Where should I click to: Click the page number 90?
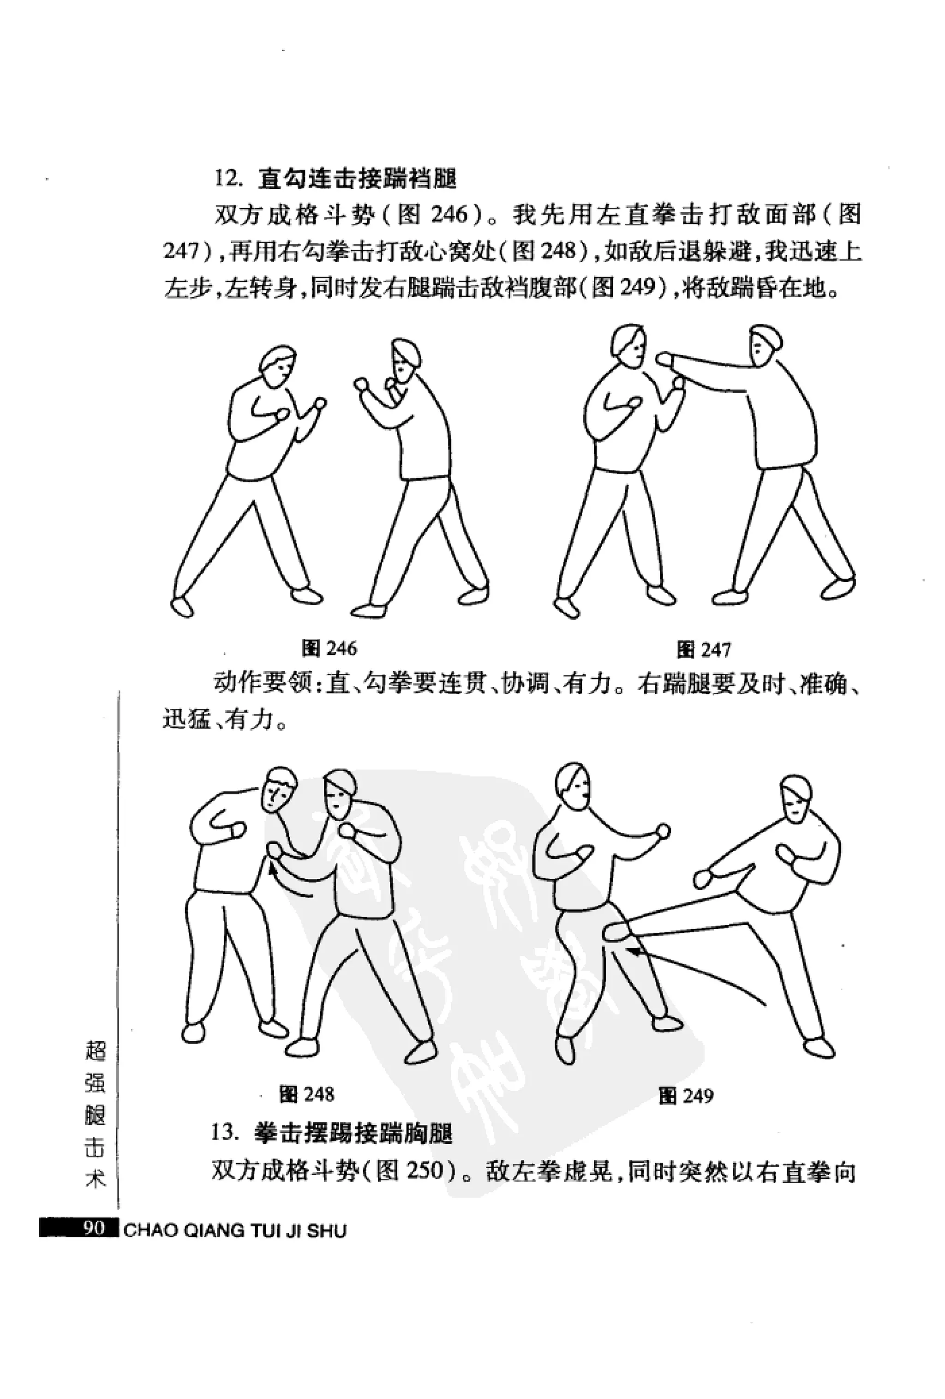(x=95, y=1228)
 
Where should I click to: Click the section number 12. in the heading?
(x=229, y=179)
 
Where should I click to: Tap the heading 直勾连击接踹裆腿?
(x=358, y=179)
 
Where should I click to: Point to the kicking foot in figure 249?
(x=617, y=931)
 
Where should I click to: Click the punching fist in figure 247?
(x=664, y=360)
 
